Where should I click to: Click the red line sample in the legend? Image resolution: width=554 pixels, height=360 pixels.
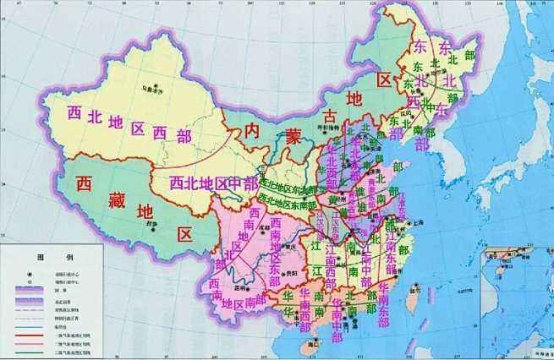[x=29, y=336]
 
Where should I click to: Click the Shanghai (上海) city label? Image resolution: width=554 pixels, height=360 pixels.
[x=417, y=221]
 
